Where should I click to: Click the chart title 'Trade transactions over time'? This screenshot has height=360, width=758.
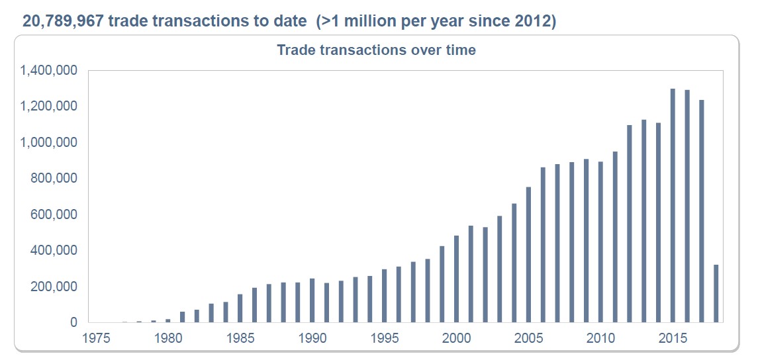(x=376, y=50)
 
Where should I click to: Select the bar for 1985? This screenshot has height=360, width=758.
(x=240, y=308)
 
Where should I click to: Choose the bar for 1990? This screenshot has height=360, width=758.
(x=312, y=301)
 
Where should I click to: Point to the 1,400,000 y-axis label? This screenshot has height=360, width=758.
(x=49, y=70)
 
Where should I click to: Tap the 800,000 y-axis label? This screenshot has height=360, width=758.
(x=54, y=179)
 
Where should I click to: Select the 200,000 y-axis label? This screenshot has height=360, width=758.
(x=54, y=287)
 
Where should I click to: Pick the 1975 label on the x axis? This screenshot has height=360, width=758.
(x=95, y=339)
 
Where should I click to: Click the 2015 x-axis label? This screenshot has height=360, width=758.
(x=673, y=339)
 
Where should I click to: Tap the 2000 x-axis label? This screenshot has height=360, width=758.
(x=456, y=339)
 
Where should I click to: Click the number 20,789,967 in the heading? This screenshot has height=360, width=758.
(x=64, y=21)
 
